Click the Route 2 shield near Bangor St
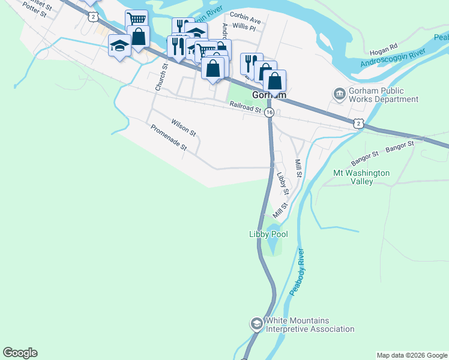point(358,123)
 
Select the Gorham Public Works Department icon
point(339,94)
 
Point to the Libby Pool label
point(268,234)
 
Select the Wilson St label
point(184,127)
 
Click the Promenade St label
point(169,137)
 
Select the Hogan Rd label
point(385,46)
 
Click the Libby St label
point(283,184)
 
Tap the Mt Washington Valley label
point(361,177)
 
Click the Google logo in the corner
point(20,353)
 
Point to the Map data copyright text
point(412,355)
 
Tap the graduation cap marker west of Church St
point(119,45)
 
